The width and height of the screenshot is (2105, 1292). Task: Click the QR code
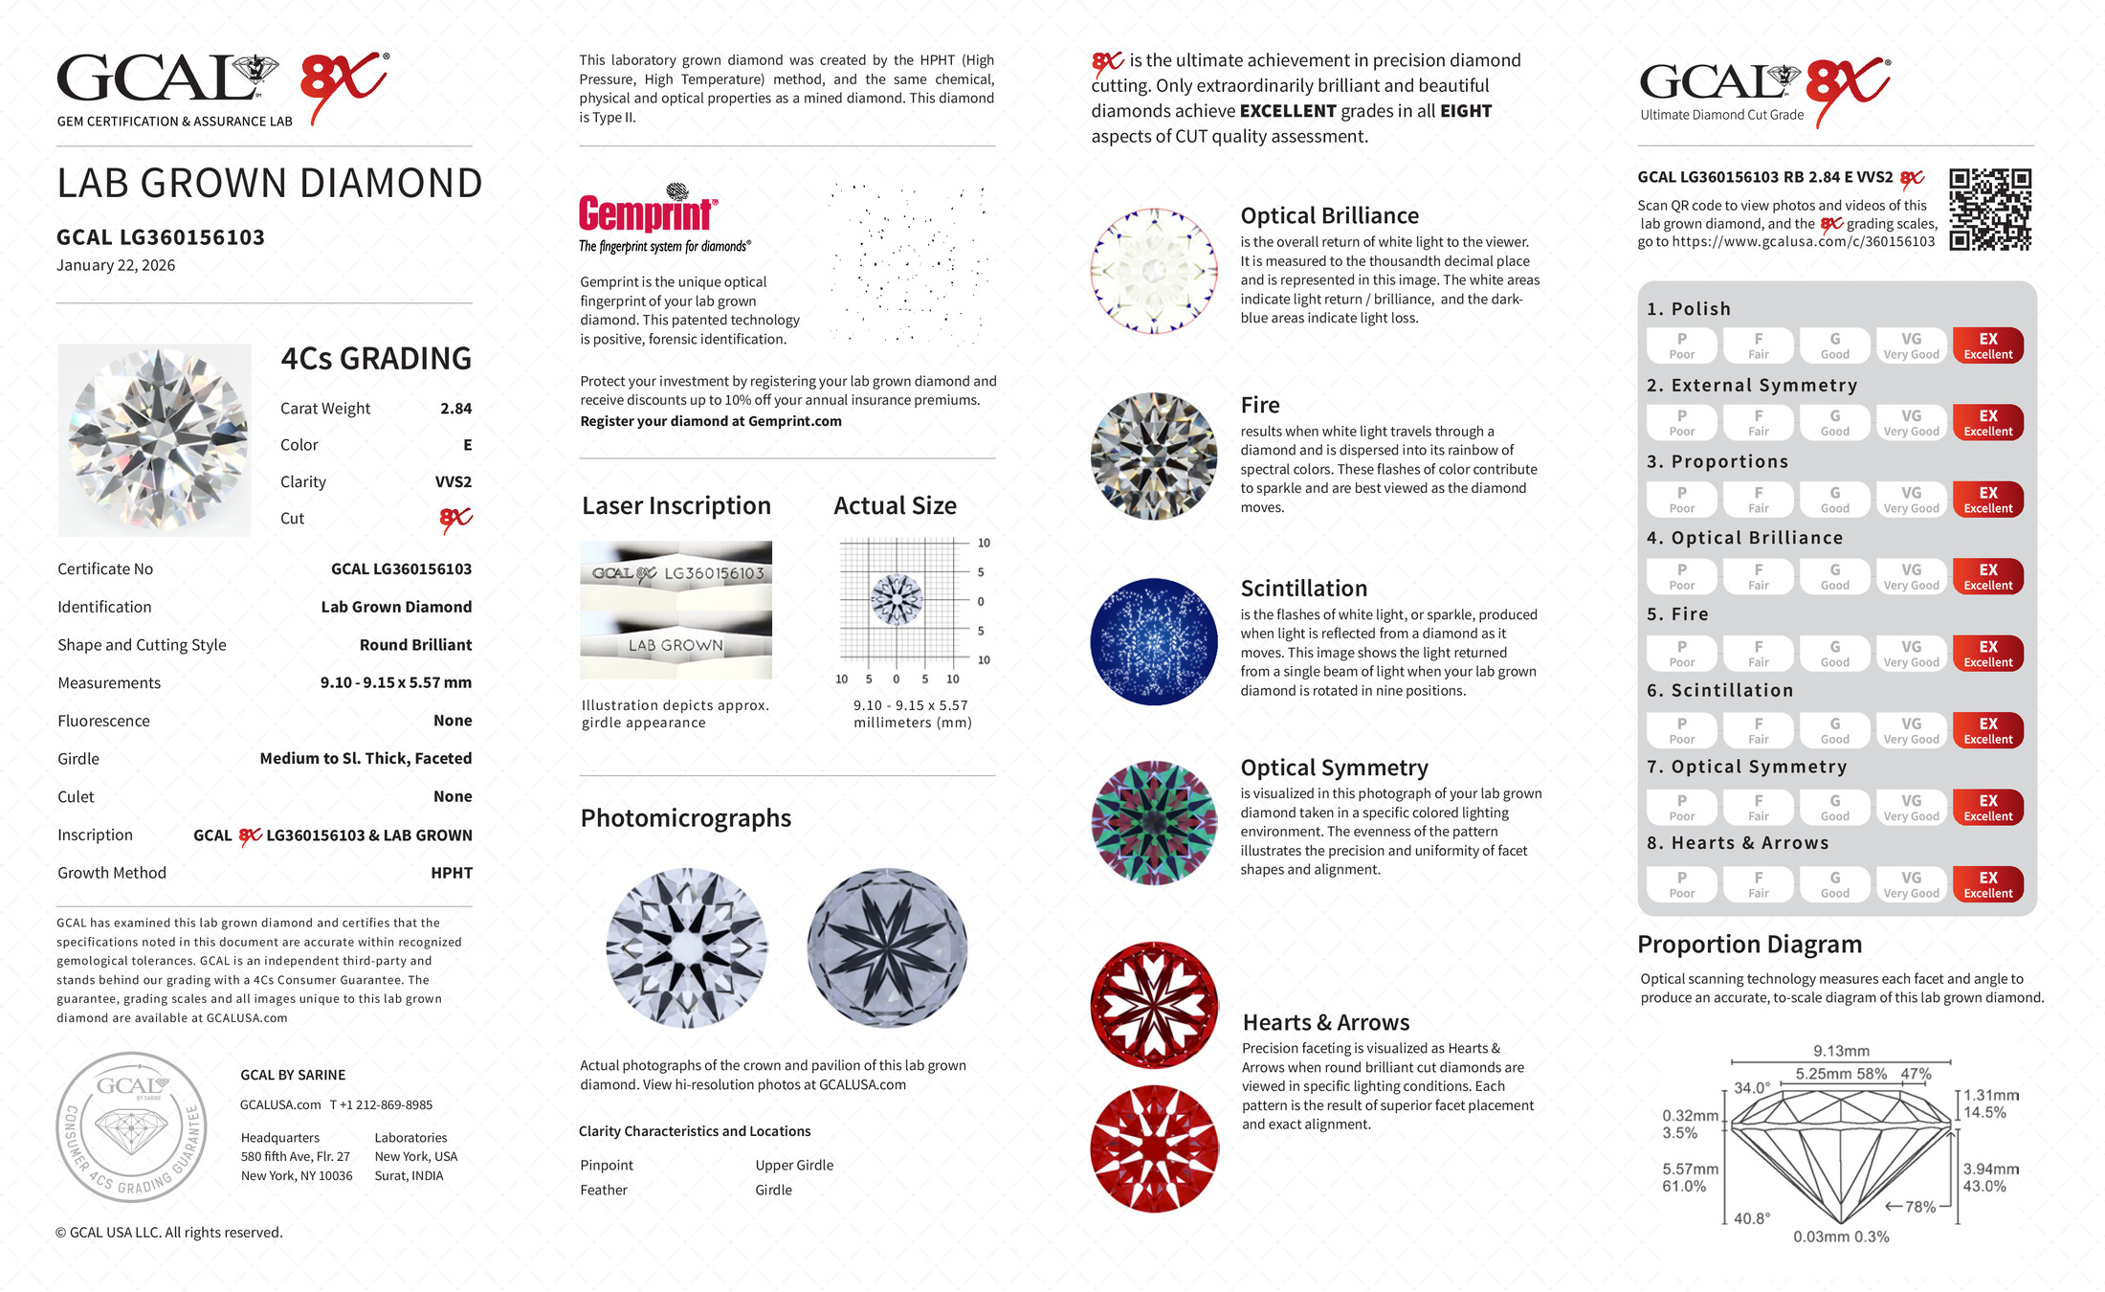pyautogui.click(x=1990, y=209)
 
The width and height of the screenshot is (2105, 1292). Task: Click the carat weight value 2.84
pyautogui.click(x=455, y=409)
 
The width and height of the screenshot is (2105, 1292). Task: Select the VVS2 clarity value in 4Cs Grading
pyautogui.click(x=453, y=482)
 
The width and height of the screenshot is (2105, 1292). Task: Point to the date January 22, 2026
pyautogui.click(x=116, y=266)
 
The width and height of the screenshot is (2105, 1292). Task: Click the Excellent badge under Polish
pyautogui.click(x=1987, y=345)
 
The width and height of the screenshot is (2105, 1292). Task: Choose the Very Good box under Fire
pyautogui.click(x=1911, y=654)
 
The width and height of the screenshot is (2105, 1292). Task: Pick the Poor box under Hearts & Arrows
pyautogui.click(x=1681, y=884)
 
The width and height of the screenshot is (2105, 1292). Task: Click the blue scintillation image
pyautogui.click(x=1154, y=641)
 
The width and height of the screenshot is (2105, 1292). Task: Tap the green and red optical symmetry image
pyautogui.click(x=1154, y=823)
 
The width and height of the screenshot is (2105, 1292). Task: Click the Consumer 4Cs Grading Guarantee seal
pyautogui.click(x=131, y=1126)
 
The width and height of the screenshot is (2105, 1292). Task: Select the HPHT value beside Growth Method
pyautogui.click(x=452, y=873)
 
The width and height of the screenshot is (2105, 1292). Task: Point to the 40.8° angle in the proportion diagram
pyautogui.click(x=1751, y=1219)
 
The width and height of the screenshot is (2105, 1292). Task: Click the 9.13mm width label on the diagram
pyautogui.click(x=1841, y=1051)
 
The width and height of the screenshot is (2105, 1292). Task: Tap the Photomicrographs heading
pyautogui.click(x=685, y=818)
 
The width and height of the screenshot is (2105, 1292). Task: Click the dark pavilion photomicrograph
pyautogui.click(x=887, y=947)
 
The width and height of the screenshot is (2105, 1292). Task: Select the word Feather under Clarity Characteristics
pyautogui.click(x=604, y=1191)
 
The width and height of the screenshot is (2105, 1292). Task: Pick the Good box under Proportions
pyautogui.click(x=1834, y=500)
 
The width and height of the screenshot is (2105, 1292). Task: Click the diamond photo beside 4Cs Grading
pyautogui.click(x=155, y=440)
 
